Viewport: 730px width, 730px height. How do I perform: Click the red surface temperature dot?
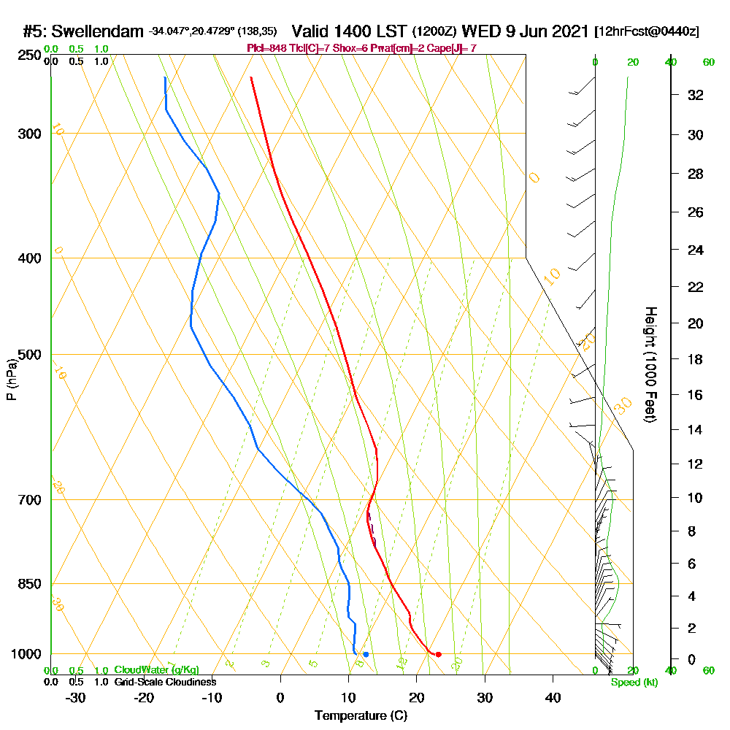pyautogui.click(x=438, y=654)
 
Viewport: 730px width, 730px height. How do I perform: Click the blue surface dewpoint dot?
pyautogui.click(x=366, y=654)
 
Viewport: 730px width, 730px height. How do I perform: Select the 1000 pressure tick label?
pyautogui.click(x=23, y=654)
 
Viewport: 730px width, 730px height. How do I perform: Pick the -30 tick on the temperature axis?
pyautogui.click(x=75, y=698)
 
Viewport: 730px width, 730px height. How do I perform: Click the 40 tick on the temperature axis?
pyautogui.click(x=553, y=698)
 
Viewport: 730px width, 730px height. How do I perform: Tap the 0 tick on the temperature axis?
pyautogui.click(x=280, y=698)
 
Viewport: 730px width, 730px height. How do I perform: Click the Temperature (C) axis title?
pyautogui.click(x=361, y=716)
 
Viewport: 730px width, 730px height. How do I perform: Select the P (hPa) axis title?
pyautogui.click(x=11, y=380)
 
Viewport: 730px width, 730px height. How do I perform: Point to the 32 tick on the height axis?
pyautogui.click(x=696, y=94)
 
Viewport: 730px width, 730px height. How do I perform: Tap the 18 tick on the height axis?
pyautogui.click(x=696, y=359)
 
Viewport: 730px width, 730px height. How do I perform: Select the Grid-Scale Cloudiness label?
pyautogui.click(x=165, y=682)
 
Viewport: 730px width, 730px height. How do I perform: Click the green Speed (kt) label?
pyautogui.click(x=634, y=682)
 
